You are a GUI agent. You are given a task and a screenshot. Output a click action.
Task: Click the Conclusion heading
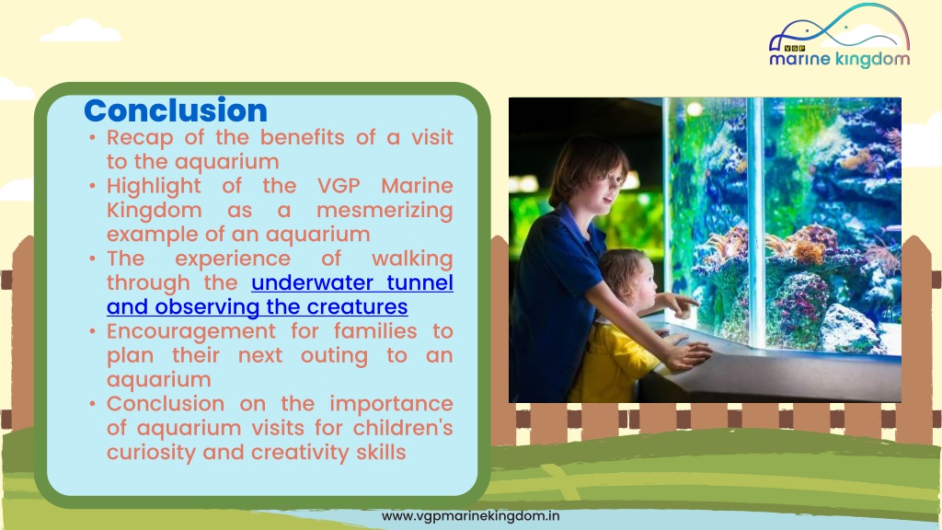pyautogui.click(x=176, y=110)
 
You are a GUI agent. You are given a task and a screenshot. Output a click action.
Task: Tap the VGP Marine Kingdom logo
pyautogui.click(x=839, y=36)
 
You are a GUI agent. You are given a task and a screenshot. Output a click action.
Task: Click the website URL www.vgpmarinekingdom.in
pyautogui.click(x=470, y=515)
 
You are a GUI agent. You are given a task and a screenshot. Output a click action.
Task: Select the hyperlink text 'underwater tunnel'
pyautogui.click(x=352, y=282)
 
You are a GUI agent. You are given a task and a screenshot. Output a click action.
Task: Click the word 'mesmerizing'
pyautogui.click(x=385, y=211)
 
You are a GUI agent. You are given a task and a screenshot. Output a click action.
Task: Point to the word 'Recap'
pyautogui.click(x=140, y=138)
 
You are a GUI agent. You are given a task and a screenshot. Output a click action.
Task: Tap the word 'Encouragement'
pyautogui.click(x=191, y=331)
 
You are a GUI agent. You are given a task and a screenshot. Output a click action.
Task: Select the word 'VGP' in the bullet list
pyautogui.click(x=339, y=186)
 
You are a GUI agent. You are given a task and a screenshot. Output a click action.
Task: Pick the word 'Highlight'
pyautogui.click(x=154, y=186)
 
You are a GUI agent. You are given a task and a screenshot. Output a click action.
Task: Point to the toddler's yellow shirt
pyautogui.click(x=612, y=363)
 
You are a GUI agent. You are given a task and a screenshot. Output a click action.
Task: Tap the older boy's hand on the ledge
pyautogui.click(x=687, y=354)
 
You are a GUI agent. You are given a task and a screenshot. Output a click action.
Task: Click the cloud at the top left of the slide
pyautogui.click(x=81, y=31)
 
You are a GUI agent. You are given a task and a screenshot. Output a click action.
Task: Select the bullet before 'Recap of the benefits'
pyautogui.click(x=92, y=138)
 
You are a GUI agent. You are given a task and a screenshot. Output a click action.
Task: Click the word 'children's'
pyautogui.click(x=403, y=428)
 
